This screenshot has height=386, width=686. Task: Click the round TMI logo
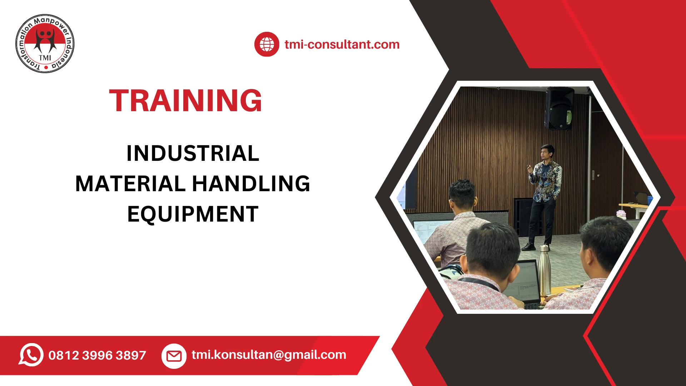tap(45, 44)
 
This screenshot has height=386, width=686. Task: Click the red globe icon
tap(267, 44)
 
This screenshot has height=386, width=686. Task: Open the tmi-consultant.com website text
tap(342, 44)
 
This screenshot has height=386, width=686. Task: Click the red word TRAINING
tap(185, 101)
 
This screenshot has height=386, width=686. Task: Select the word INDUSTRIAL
tap(193, 153)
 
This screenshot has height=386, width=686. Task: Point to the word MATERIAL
tap(130, 184)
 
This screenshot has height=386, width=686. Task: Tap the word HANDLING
tap(251, 184)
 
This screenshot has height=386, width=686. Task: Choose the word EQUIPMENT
tap(193, 214)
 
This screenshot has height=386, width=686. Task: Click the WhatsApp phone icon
tap(31, 355)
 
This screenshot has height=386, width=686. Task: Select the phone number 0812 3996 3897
tap(97, 355)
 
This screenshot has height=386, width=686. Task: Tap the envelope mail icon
tap(174, 356)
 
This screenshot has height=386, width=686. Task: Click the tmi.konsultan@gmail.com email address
tap(269, 355)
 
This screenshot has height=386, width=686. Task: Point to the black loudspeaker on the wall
tap(559, 108)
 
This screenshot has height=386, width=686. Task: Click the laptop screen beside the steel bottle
tap(525, 282)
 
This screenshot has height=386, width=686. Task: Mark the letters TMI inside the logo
tap(45, 58)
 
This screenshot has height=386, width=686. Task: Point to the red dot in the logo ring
tap(46, 67)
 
